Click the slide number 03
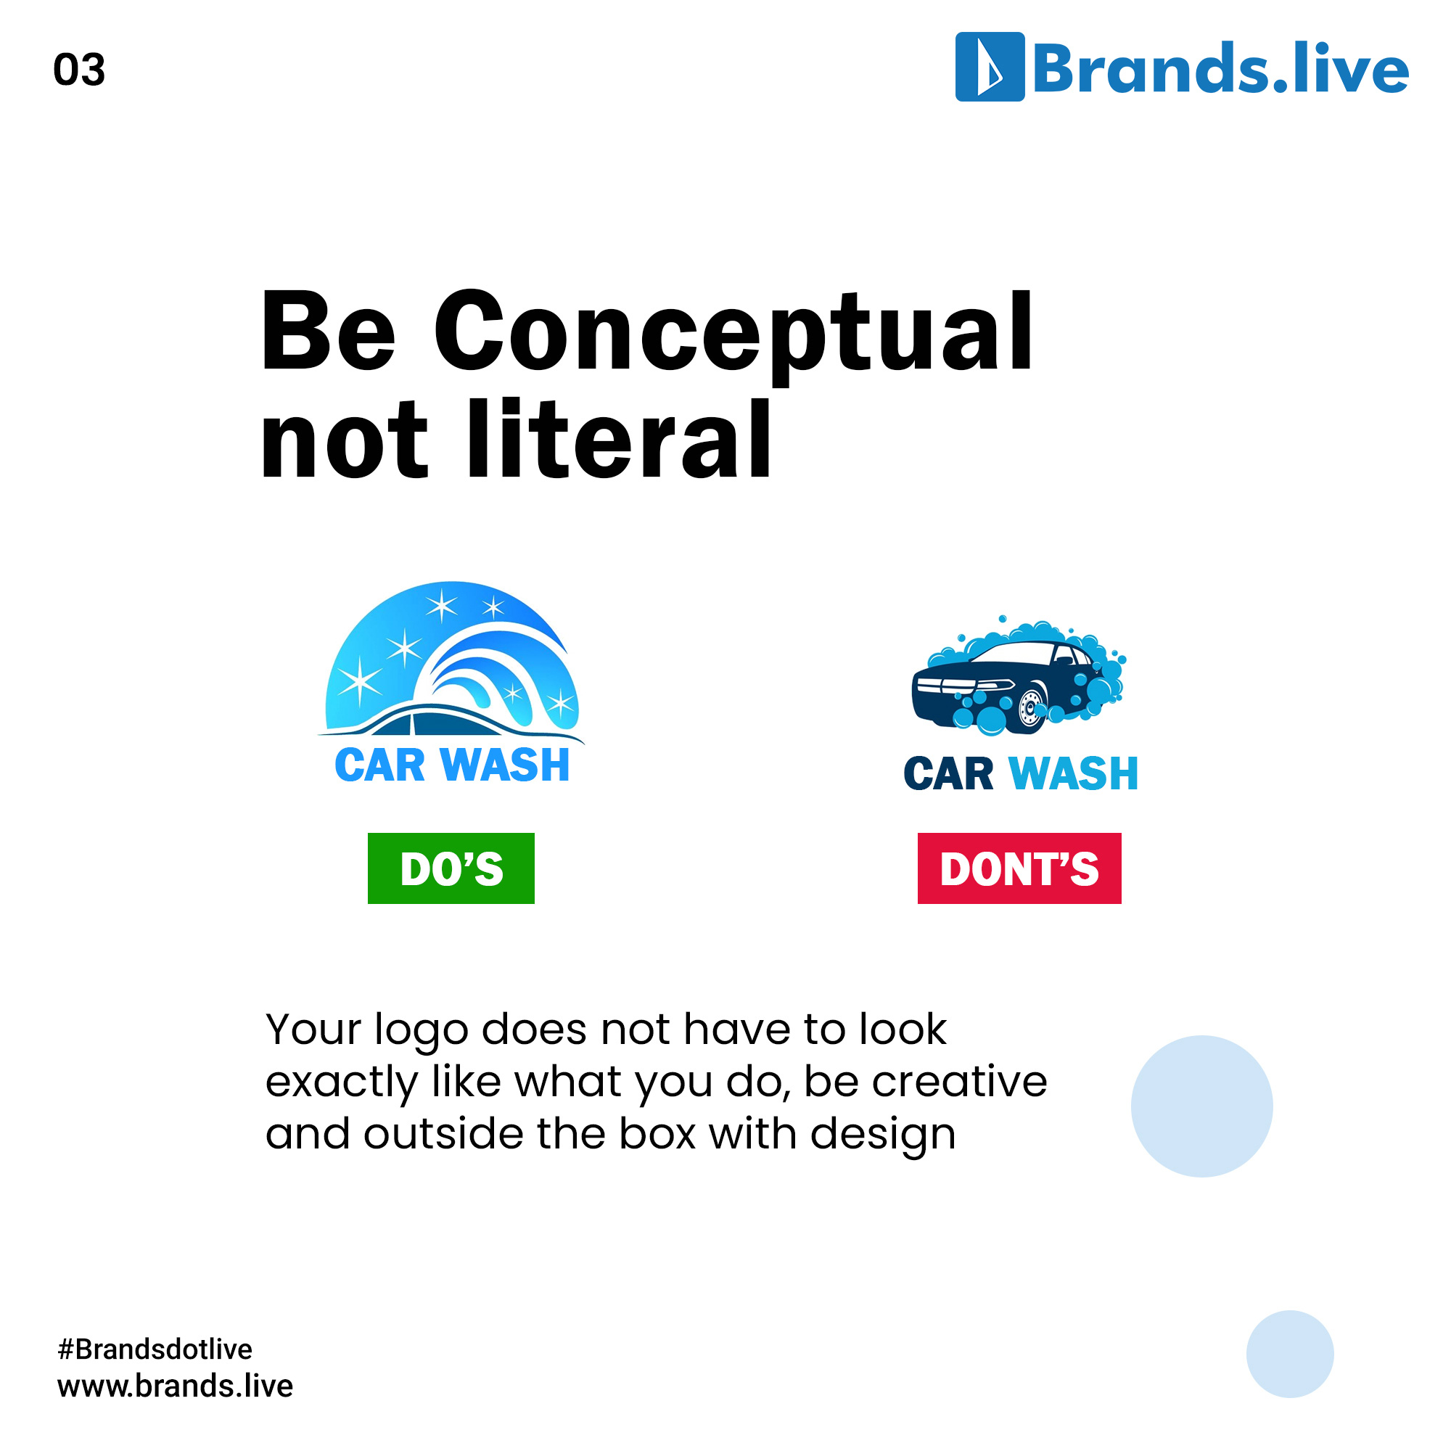pos(79,70)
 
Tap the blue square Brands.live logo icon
pos(989,67)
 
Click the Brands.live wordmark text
pos(1220,69)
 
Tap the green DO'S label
pos(451,868)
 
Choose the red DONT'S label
pos(1019,868)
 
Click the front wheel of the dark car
pos(1031,708)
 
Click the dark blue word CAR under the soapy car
pos(948,773)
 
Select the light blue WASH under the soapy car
pos(1074,773)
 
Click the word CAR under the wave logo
pos(380,765)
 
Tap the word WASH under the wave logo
pos(506,765)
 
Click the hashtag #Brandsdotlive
pos(155,1349)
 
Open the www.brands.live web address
pos(175,1386)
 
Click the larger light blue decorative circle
pos(1201,1106)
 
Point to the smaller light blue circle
pos(1289,1354)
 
